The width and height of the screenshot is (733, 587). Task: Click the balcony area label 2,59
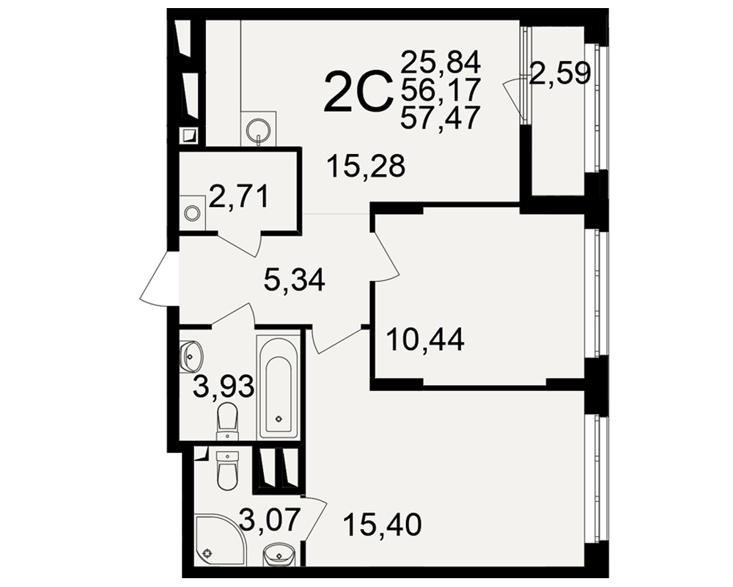point(560,73)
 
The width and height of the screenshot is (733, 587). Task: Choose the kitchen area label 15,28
point(366,166)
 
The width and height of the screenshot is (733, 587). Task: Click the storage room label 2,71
point(239,197)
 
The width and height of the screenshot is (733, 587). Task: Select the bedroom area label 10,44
point(425,340)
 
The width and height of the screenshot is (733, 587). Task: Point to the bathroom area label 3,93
point(224,386)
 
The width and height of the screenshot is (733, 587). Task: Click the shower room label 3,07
point(268,520)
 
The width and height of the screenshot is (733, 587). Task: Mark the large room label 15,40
point(382,525)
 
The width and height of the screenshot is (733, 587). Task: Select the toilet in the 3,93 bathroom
point(228,420)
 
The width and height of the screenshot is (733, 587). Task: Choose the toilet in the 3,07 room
point(228,470)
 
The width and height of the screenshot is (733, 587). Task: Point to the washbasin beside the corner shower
point(279,553)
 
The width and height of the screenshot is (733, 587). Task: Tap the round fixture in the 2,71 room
point(191,214)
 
